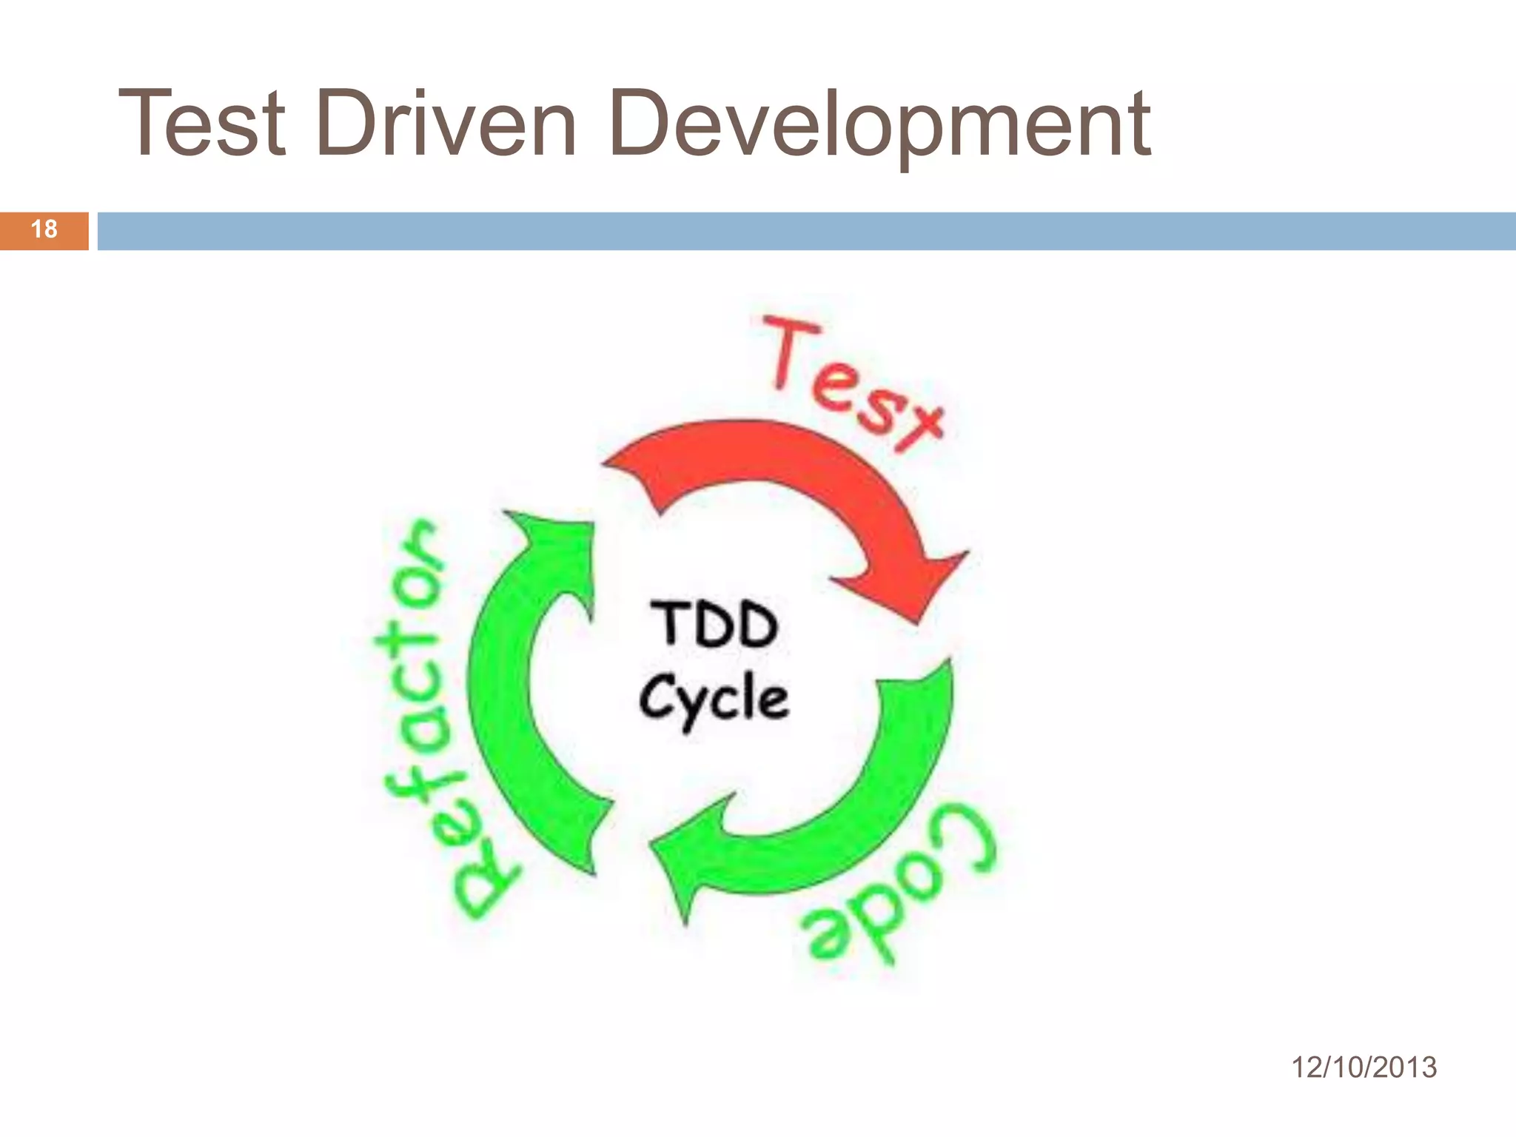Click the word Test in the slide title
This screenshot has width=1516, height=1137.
(201, 124)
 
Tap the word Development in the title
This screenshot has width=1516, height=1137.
(879, 126)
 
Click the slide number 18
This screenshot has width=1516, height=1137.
(44, 229)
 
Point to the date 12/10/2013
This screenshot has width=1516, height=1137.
(1364, 1067)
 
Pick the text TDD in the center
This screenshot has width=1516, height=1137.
(714, 625)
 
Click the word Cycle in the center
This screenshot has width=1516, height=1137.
(714, 700)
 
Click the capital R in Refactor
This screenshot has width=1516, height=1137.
(485, 888)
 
